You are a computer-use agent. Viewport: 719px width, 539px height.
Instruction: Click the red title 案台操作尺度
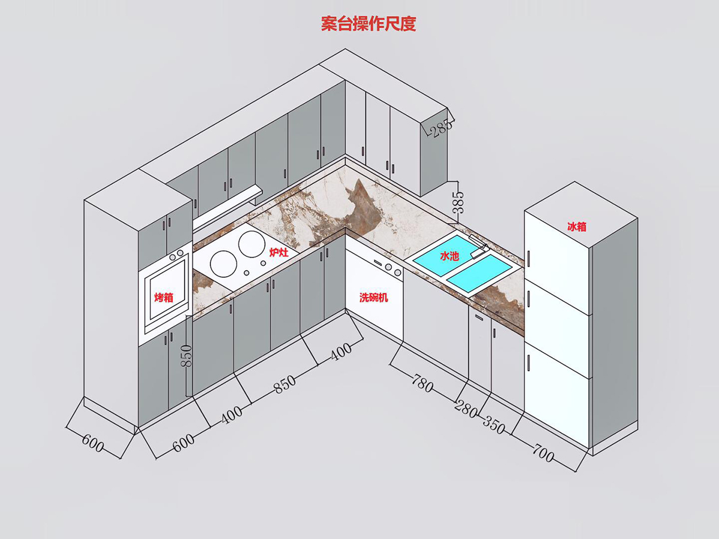[368, 24]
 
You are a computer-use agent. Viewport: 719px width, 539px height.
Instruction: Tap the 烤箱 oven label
[164, 297]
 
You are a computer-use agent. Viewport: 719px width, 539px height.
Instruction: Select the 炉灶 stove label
[279, 253]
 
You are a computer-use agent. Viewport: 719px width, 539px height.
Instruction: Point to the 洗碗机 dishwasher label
[374, 297]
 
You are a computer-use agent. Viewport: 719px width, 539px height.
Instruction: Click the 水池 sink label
[449, 256]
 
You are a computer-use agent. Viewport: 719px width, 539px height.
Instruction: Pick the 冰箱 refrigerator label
[577, 227]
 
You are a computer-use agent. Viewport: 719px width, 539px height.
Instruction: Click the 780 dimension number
[422, 383]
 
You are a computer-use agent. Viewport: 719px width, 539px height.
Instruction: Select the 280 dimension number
[466, 410]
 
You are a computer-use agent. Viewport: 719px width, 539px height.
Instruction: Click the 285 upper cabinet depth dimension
[439, 128]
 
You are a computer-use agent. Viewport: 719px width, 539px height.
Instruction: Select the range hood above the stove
[228, 207]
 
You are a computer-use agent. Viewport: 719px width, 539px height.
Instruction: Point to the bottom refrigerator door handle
[530, 363]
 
